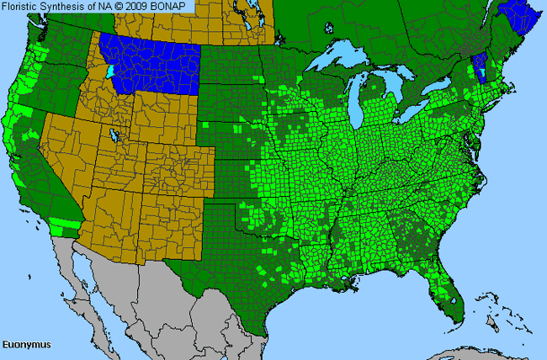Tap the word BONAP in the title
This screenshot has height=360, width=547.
coord(176,7)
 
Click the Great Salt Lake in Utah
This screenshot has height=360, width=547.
coord(112,135)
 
